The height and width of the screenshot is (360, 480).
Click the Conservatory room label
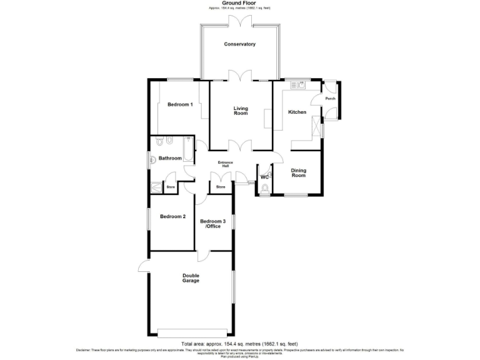pyautogui.click(x=240, y=44)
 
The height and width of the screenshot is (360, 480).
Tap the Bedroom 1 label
pyautogui.click(x=179, y=104)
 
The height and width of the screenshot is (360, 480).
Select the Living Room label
pyautogui.click(x=241, y=110)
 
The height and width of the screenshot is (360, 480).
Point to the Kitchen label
pyautogui.click(x=297, y=112)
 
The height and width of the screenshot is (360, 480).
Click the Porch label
pyautogui.click(x=330, y=99)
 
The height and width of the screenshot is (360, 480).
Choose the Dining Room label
pyautogui.click(x=299, y=173)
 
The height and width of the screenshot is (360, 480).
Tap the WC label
pyautogui.click(x=264, y=177)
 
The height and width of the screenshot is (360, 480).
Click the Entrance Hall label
pyautogui.click(x=225, y=165)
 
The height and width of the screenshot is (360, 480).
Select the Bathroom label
pyautogui.click(x=170, y=158)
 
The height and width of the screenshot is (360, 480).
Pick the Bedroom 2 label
pyautogui.click(x=172, y=217)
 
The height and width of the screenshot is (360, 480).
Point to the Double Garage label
pyautogui.click(x=191, y=278)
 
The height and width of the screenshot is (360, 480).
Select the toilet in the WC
pyautogui.click(x=265, y=188)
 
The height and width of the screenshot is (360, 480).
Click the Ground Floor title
pyautogui.click(x=240, y=3)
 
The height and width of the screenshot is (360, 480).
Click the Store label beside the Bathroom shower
pyautogui.click(x=169, y=187)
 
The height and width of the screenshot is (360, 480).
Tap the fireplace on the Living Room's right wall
pyautogui.click(x=267, y=118)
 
